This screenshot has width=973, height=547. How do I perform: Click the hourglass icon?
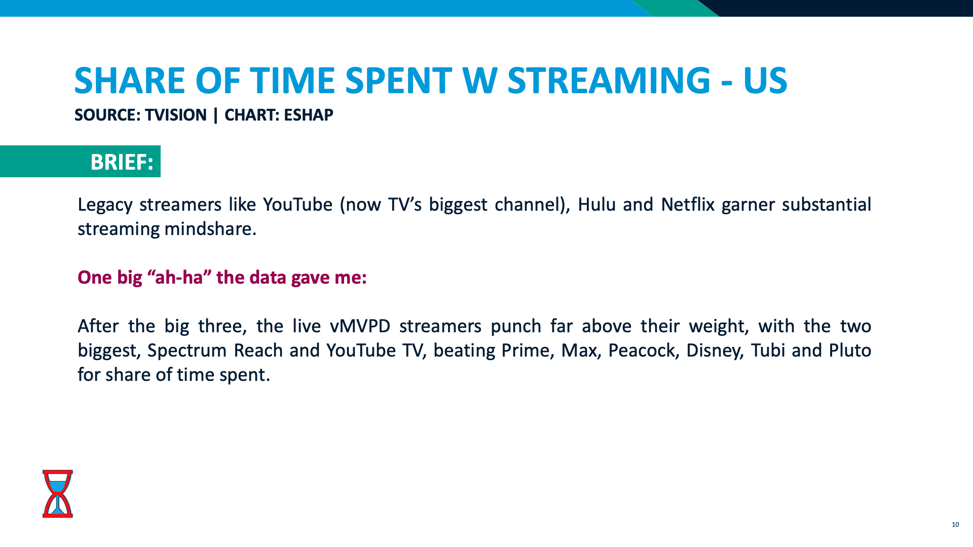click(x=58, y=493)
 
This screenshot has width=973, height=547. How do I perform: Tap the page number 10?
click(x=955, y=525)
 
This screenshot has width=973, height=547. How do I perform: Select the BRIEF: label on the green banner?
click(x=122, y=162)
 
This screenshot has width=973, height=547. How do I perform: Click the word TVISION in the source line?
click(x=176, y=115)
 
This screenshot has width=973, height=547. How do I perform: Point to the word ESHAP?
click(x=308, y=115)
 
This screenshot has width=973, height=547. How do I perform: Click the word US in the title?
click(x=765, y=81)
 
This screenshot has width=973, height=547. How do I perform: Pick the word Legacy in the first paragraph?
click(x=105, y=205)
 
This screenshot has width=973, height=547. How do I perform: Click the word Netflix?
click(x=688, y=205)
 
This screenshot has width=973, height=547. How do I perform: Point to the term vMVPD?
click(x=360, y=326)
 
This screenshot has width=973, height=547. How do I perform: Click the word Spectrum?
click(x=187, y=350)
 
